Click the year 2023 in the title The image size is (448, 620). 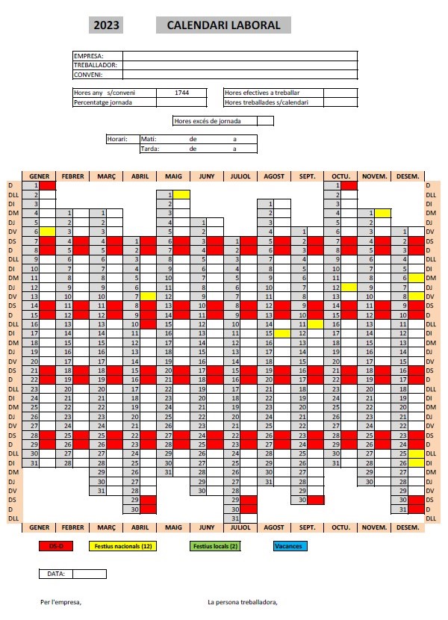coord(106,25)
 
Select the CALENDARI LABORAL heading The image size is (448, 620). coord(224,25)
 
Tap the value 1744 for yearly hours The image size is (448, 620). coord(181,93)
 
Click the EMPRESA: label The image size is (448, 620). coord(89,55)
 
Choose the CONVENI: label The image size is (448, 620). coord(88,74)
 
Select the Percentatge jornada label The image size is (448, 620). coord(103,102)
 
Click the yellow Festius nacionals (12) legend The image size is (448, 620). coord(120,546)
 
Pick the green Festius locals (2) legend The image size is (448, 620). coord(215,546)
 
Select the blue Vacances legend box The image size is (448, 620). coord(290,546)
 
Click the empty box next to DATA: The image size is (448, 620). coord(90,574)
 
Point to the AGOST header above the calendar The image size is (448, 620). coord(274,176)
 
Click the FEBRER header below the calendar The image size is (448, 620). coord(72,527)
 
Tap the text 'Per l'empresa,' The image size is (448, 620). coord(61,601)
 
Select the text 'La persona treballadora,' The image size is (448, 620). coord(243,601)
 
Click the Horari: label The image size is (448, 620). coord(118,139)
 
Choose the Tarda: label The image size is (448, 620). coord(149,148)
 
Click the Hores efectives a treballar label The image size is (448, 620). coord(262,93)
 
